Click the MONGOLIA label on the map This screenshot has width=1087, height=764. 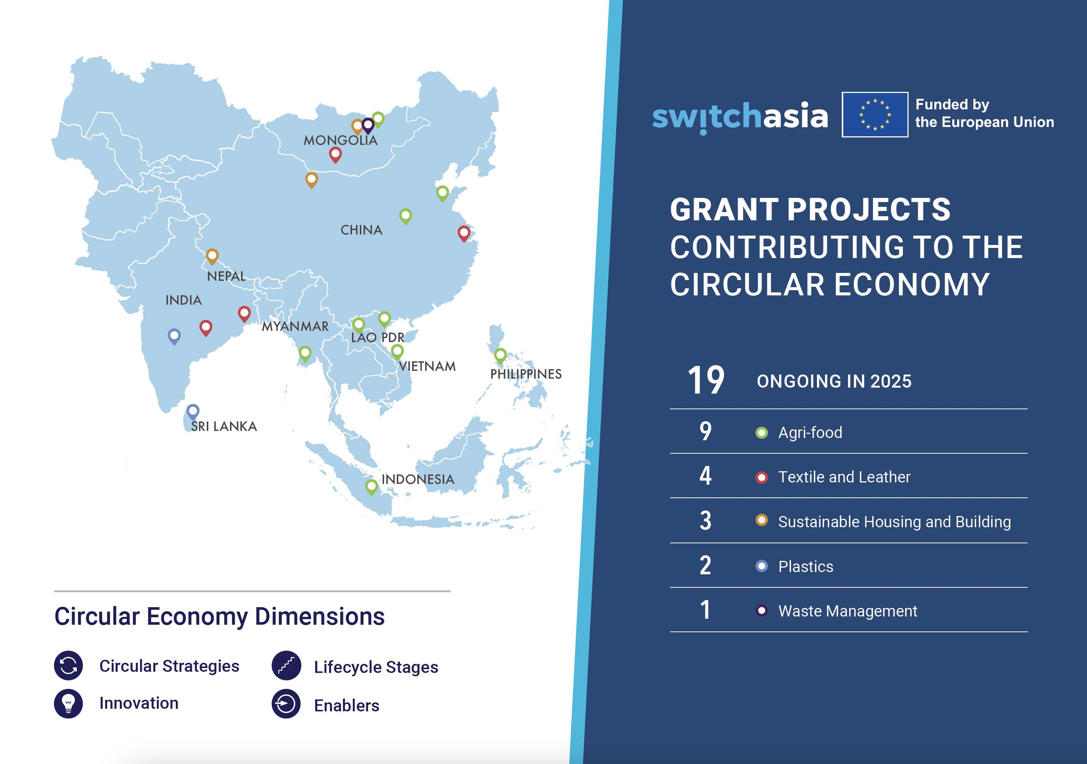click(340, 140)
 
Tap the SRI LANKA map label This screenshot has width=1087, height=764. click(224, 426)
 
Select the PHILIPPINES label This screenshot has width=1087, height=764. click(526, 374)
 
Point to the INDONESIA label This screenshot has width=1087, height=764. click(418, 479)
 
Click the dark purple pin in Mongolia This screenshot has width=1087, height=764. click(368, 125)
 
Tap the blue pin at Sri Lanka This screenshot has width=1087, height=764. click(193, 411)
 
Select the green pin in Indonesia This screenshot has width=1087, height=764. click(372, 487)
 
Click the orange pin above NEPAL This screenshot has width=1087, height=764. click(212, 256)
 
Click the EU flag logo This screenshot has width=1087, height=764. click(875, 115)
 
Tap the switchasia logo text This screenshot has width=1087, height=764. click(739, 116)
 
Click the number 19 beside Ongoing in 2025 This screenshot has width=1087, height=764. click(706, 381)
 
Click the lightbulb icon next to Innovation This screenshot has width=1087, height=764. click(69, 704)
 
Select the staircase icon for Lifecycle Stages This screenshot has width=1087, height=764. click(286, 666)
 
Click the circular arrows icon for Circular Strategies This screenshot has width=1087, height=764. click(69, 665)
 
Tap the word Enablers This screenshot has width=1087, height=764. click(346, 705)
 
